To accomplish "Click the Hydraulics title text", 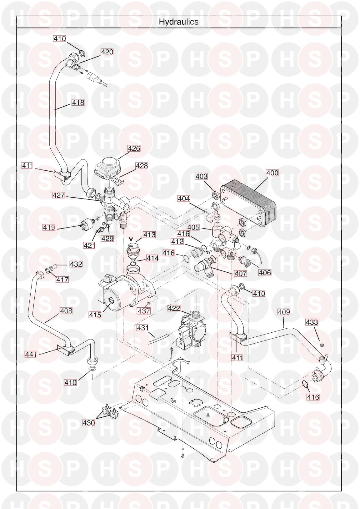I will pos(178,22).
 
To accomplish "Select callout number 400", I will pos(272,173).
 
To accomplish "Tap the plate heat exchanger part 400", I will pos(250,206).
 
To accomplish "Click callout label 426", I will pos(134,148).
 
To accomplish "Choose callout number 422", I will pos(174,308).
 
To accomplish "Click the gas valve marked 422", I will pos(191,331).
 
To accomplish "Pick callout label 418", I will pos(78,102).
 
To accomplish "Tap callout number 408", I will pos(66,311).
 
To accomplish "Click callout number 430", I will pos(89,423).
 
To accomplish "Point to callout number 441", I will pos(31,354).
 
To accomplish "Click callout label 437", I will pos(144,311).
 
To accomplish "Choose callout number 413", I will pos(149,234).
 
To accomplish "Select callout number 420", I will pos(107,52).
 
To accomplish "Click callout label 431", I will pos(143,328).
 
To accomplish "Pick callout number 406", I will pos(265,272).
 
